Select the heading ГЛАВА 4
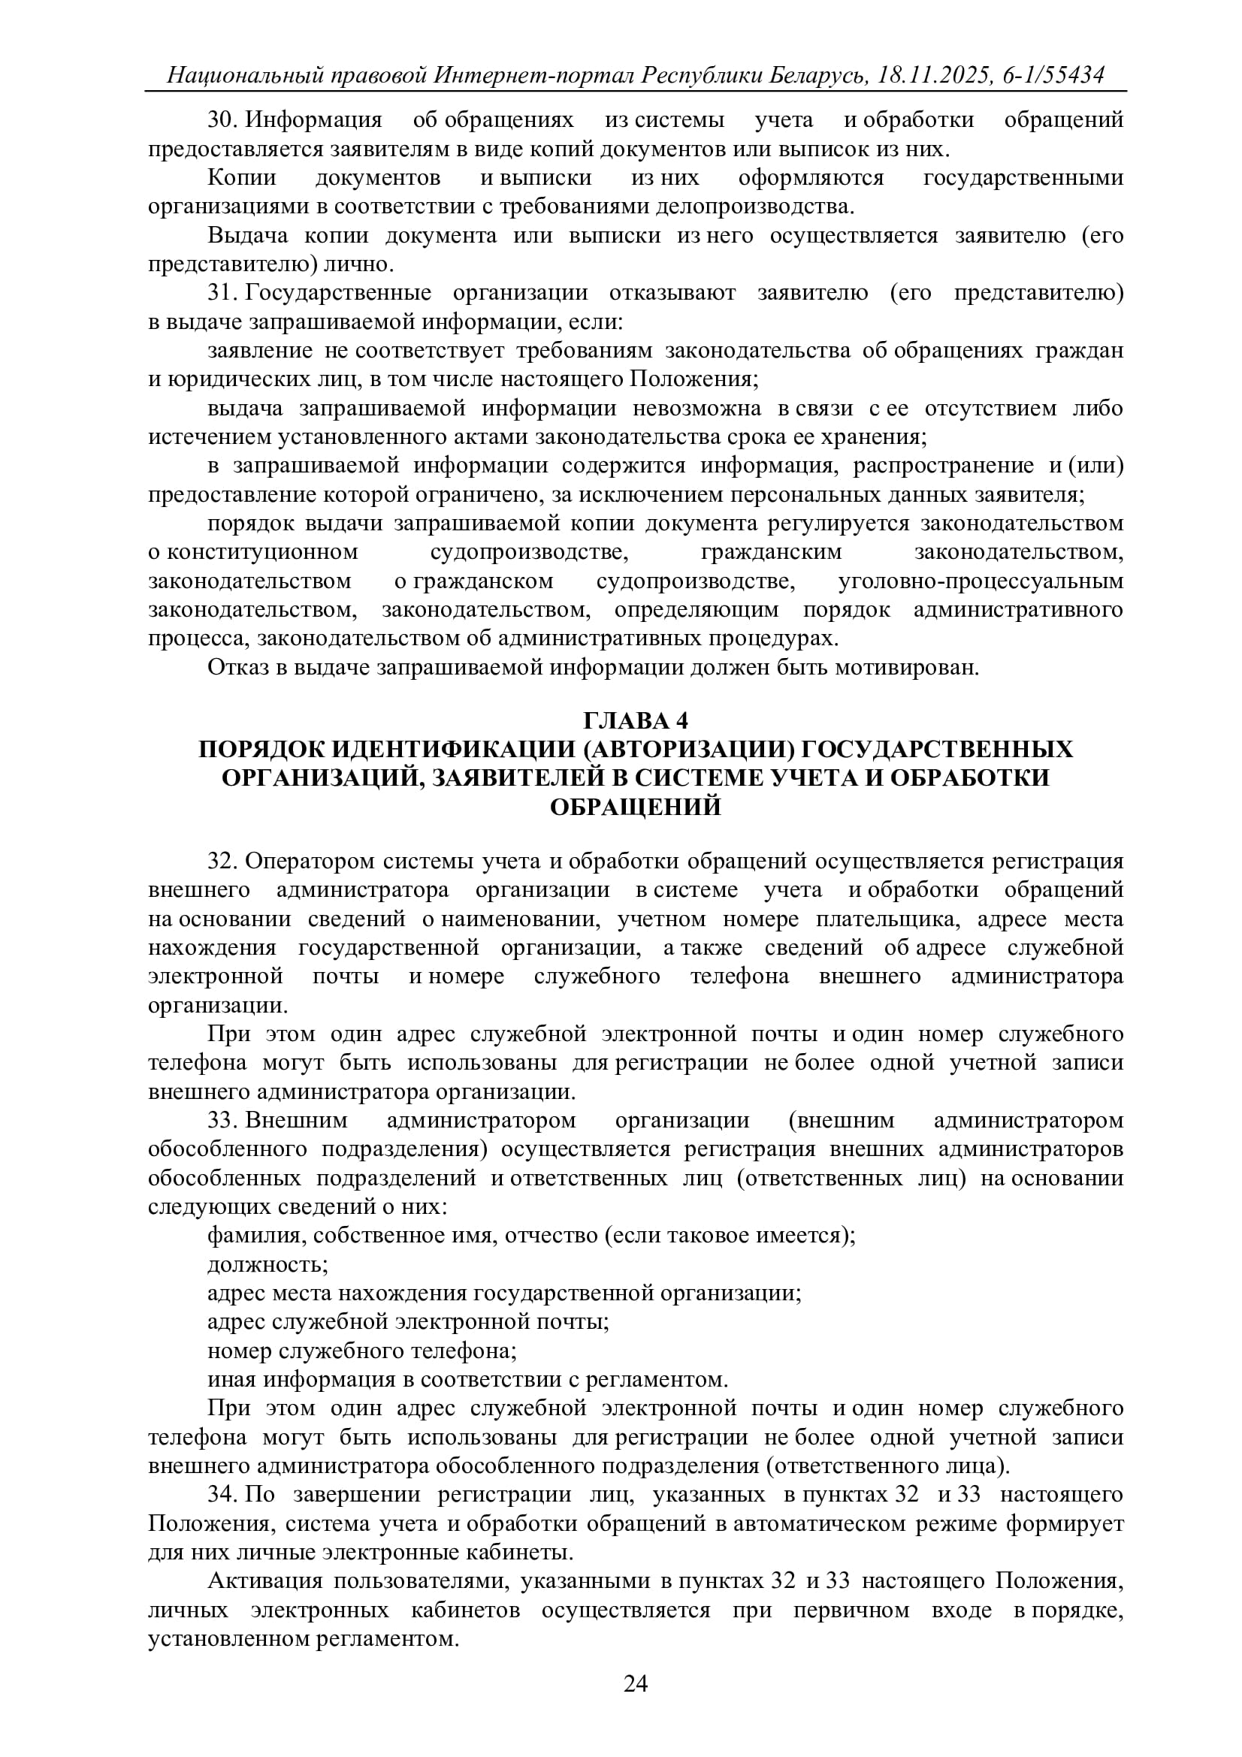pyautogui.click(x=635, y=721)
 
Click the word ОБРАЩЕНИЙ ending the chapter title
pyautogui.click(x=635, y=807)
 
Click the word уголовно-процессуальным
pyautogui.click(x=981, y=581)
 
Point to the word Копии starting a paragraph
pyautogui.click(x=242, y=177)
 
